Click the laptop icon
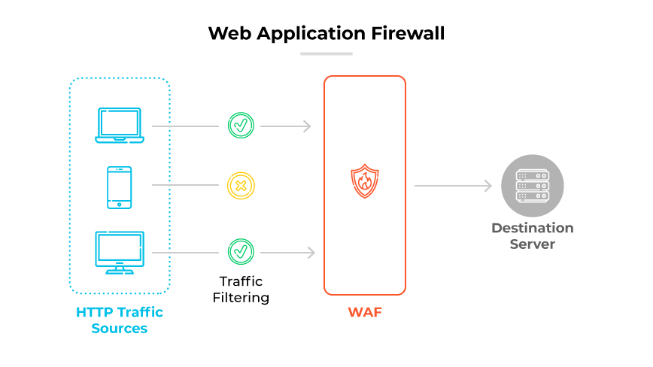point(119,126)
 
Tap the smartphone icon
point(119,187)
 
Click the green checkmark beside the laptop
point(241,126)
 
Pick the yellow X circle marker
point(241,184)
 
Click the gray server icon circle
point(532,184)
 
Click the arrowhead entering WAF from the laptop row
point(307,126)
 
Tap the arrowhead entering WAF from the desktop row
point(310,253)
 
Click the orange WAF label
point(364,312)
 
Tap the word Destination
point(532,229)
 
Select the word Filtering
point(240,298)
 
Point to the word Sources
point(119,329)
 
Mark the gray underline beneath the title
point(326,53)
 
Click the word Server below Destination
point(532,245)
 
